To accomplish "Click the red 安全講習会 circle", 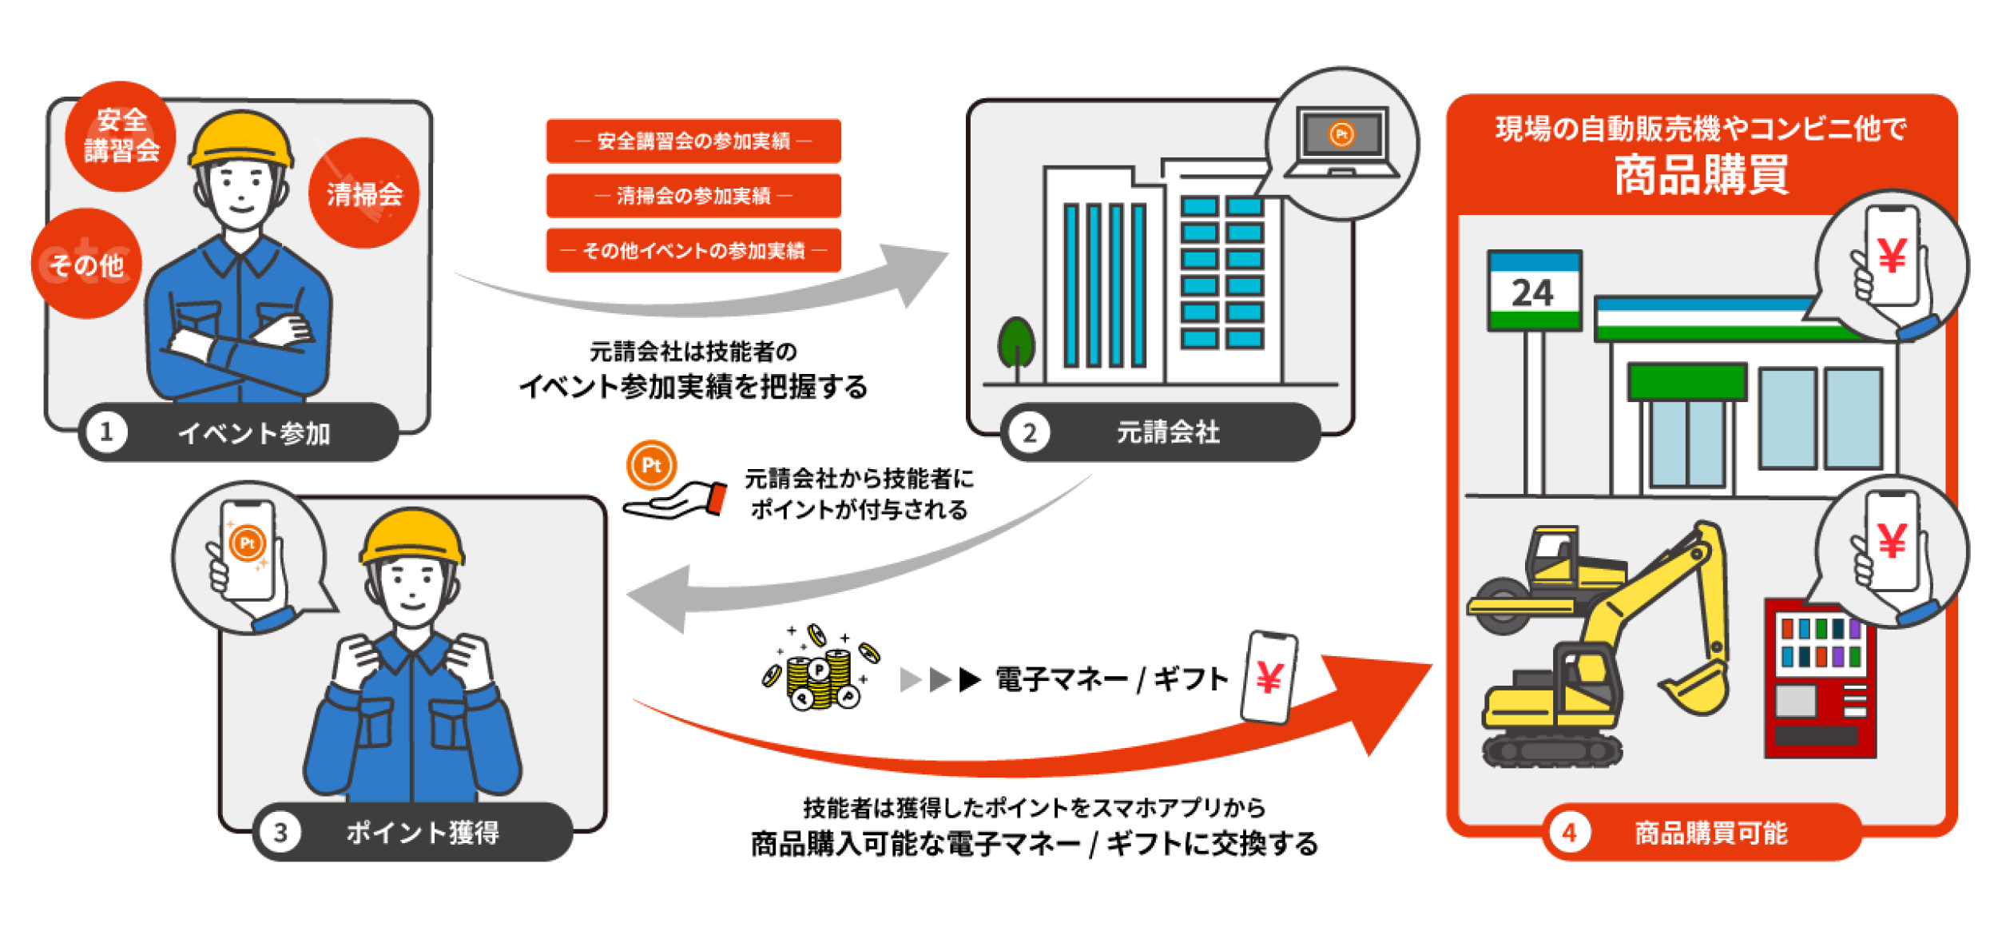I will (x=121, y=136).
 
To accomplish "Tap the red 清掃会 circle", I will (x=363, y=193).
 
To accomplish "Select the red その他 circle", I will (x=86, y=264).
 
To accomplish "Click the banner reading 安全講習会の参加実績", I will (x=693, y=141).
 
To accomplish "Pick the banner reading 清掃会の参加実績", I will (x=693, y=196).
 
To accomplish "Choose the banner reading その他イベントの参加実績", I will (x=693, y=250).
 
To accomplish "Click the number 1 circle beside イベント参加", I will (x=106, y=432).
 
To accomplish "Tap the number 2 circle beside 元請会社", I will (x=1029, y=432).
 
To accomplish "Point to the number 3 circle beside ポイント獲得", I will (x=280, y=832).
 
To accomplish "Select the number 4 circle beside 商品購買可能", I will (x=1569, y=833).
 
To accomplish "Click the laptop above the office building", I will (x=1342, y=141).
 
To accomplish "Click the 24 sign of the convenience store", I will (x=1534, y=292).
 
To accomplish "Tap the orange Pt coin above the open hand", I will (x=652, y=465).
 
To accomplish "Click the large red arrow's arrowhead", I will (x=1382, y=695).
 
